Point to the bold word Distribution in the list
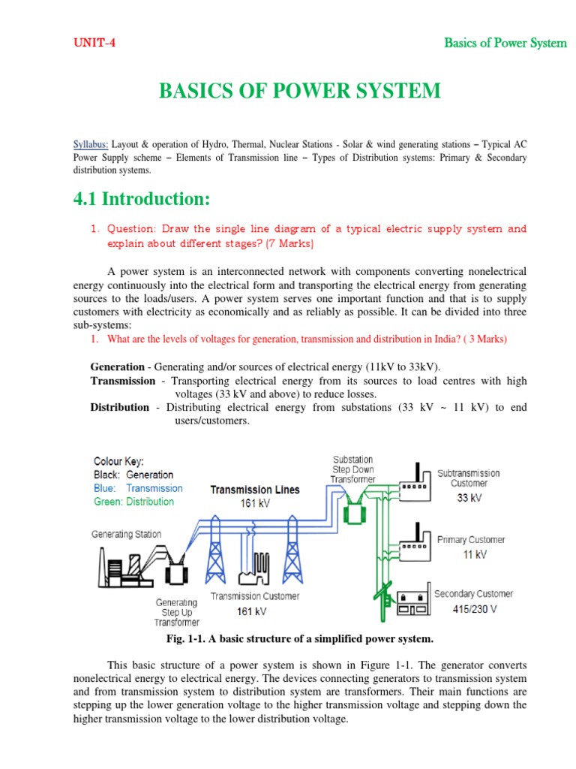coord(120,407)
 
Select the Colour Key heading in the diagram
coord(118,461)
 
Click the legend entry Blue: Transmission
coord(138,488)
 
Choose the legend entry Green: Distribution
coord(133,502)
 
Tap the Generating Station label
coord(126,534)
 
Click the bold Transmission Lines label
coord(254,490)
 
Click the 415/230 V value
coord(469,609)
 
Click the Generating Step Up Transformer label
coord(177,612)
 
